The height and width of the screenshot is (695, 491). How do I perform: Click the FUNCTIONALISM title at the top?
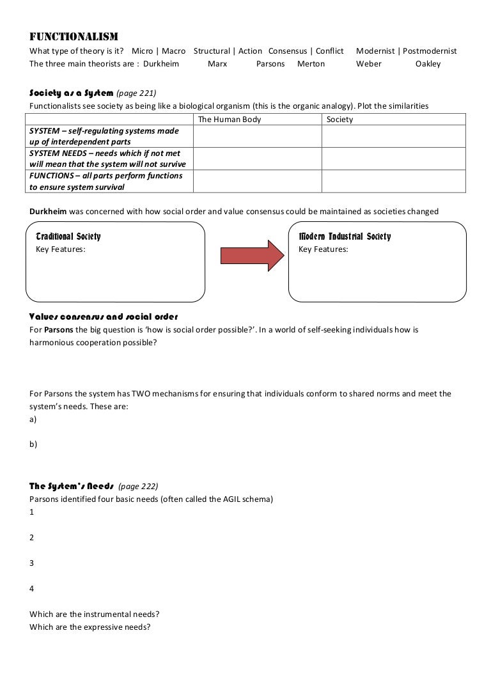(x=74, y=36)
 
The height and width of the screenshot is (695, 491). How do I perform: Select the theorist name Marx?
(x=217, y=64)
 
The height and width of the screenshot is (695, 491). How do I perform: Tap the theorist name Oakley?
(x=428, y=64)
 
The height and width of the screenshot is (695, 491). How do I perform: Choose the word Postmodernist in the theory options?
(x=429, y=51)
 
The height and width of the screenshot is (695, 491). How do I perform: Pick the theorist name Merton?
(x=311, y=64)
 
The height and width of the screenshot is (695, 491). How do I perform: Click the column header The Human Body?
(x=230, y=120)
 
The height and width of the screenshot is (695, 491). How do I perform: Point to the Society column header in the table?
(x=339, y=120)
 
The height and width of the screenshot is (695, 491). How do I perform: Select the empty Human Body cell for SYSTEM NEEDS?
(x=257, y=159)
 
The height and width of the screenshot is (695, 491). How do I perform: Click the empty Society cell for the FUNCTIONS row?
(x=393, y=181)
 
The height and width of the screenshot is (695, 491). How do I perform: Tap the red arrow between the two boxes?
(x=252, y=255)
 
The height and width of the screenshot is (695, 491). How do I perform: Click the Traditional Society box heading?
(x=68, y=237)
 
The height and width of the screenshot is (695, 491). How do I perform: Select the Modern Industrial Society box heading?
(x=345, y=237)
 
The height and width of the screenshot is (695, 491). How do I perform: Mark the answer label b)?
(x=33, y=444)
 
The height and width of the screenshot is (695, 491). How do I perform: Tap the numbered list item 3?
(x=32, y=563)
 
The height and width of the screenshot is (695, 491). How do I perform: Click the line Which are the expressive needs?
(x=90, y=627)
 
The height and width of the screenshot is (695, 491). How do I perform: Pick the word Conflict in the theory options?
(x=329, y=51)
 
